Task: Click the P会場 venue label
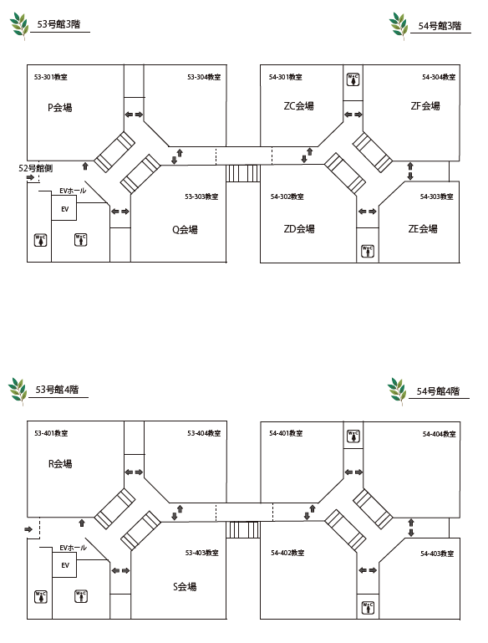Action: [60, 107]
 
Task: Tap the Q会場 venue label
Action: [185, 229]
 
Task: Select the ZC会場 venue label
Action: [298, 106]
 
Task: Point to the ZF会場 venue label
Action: [425, 106]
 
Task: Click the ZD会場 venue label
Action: [299, 228]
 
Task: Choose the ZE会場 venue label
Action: [423, 228]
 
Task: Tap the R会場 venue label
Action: [60, 464]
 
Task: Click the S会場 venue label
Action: [185, 586]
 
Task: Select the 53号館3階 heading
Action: [58, 23]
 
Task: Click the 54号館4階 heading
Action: [438, 390]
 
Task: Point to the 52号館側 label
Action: [35, 168]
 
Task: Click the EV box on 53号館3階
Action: [64, 208]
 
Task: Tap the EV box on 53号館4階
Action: [64, 564]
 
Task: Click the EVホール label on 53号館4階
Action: [73, 548]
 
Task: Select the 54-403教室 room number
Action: [437, 554]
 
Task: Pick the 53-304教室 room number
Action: [204, 77]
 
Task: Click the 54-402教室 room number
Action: [287, 553]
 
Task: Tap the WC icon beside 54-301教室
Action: [353, 79]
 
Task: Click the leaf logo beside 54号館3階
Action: [399, 26]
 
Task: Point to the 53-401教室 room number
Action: [51, 432]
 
